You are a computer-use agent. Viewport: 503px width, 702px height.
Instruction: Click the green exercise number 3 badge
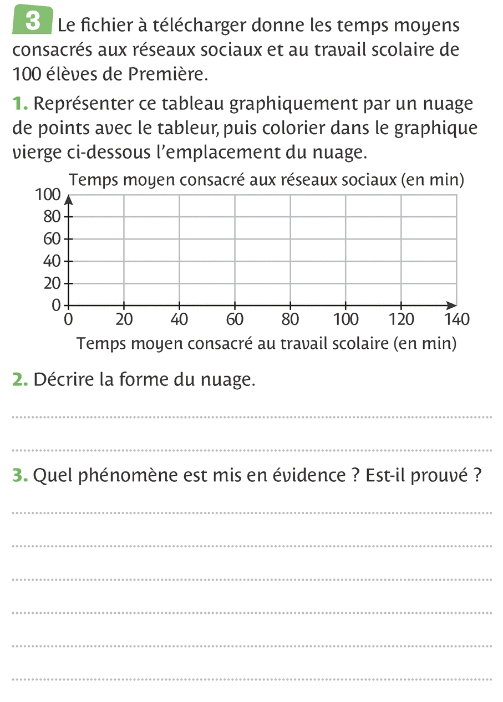[32, 22]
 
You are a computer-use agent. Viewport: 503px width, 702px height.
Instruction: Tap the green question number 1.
[19, 104]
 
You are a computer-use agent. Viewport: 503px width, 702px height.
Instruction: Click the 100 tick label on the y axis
[47, 195]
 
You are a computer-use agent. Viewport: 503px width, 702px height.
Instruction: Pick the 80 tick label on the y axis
[52, 217]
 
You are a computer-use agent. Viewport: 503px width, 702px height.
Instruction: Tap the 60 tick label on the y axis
[52, 239]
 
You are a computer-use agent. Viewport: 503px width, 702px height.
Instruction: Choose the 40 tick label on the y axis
[52, 261]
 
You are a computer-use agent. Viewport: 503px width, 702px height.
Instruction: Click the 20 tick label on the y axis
[52, 283]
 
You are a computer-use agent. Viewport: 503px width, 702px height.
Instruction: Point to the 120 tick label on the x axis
[402, 319]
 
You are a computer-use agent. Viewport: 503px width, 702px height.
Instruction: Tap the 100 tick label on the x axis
[346, 319]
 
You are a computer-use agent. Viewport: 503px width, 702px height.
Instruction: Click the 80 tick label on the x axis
[290, 319]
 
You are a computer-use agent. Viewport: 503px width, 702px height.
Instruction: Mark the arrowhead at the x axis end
[453, 305]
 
